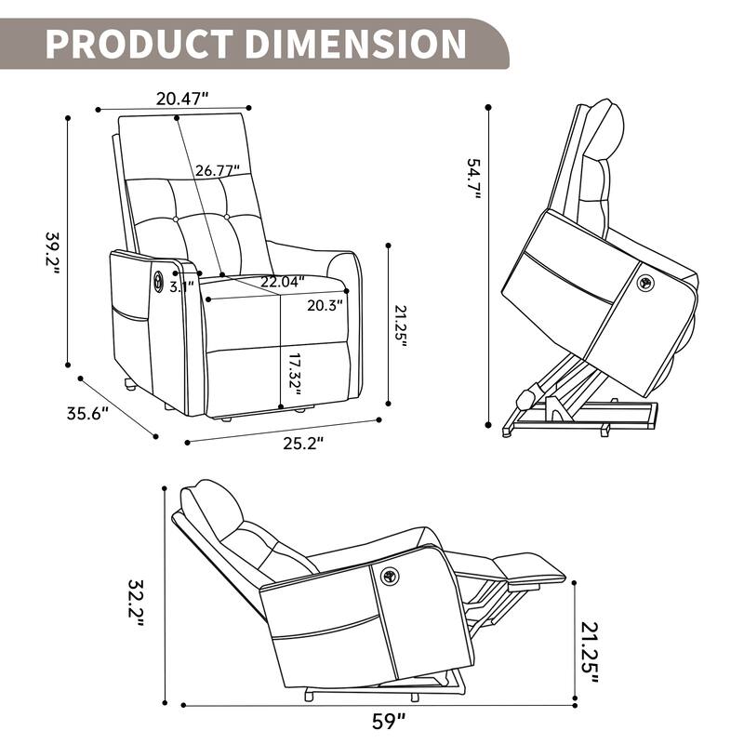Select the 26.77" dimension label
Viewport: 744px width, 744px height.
coord(218,170)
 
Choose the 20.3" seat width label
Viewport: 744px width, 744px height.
coord(325,303)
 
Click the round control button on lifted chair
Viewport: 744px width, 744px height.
coord(644,281)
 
